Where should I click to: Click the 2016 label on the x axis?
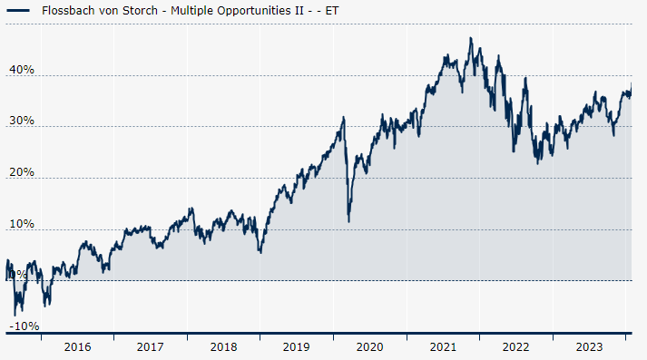click(x=78, y=346)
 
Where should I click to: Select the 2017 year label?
click(x=151, y=346)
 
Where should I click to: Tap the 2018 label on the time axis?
click(x=223, y=346)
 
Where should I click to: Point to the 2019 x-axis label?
click(x=296, y=346)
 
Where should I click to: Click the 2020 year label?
click(x=369, y=346)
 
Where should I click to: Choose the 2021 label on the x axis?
click(x=442, y=346)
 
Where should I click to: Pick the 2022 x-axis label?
click(x=515, y=346)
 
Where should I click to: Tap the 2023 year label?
click(x=588, y=346)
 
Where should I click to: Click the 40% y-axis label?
click(x=22, y=70)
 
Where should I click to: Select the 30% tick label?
click(x=22, y=121)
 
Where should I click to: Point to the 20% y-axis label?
click(x=22, y=172)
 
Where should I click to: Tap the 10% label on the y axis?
click(x=22, y=224)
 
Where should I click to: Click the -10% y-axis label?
click(x=25, y=326)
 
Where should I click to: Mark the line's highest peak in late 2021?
click(x=470, y=38)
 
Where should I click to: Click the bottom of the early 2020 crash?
click(x=349, y=220)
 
